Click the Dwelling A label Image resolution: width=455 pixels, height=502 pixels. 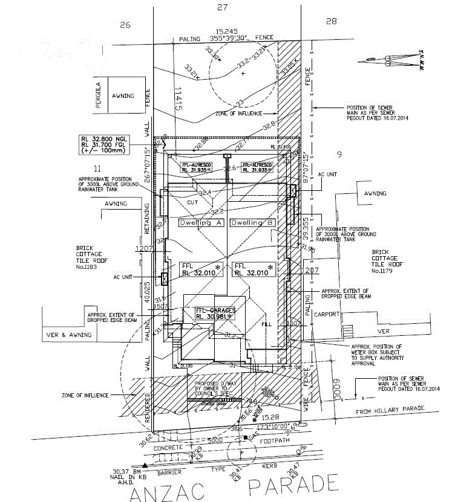(x=201, y=223)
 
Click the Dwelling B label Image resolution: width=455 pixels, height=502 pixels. (x=252, y=223)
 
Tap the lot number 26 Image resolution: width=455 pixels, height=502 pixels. (x=125, y=25)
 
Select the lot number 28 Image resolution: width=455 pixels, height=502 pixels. (x=331, y=22)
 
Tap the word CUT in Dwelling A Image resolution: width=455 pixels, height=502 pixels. (x=193, y=203)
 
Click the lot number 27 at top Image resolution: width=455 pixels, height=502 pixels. (x=222, y=7)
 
